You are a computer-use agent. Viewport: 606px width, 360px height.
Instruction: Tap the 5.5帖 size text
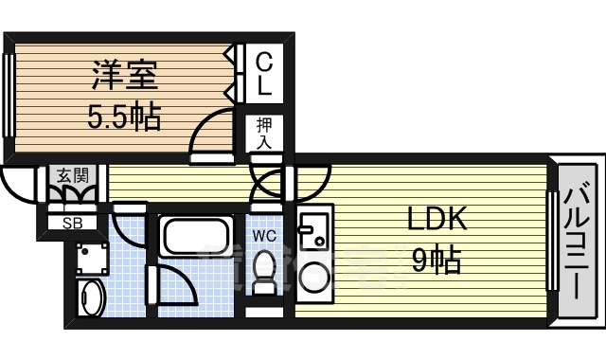(124, 117)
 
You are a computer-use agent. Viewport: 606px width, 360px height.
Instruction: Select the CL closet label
(264, 74)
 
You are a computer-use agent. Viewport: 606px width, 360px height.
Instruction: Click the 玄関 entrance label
(72, 175)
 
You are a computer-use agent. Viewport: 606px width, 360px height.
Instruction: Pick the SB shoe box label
(72, 224)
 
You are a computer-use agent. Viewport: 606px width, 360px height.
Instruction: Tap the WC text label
(263, 234)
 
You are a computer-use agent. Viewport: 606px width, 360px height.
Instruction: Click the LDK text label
(437, 220)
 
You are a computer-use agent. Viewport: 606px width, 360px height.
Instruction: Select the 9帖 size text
(437, 259)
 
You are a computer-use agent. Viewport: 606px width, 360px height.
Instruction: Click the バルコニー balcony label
(577, 240)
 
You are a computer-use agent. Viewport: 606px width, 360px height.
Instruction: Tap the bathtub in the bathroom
(194, 235)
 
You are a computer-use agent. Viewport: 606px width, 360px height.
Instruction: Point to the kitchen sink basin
(310, 229)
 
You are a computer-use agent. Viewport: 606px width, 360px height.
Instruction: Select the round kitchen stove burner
(312, 276)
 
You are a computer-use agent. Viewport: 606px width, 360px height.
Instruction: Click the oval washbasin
(90, 298)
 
